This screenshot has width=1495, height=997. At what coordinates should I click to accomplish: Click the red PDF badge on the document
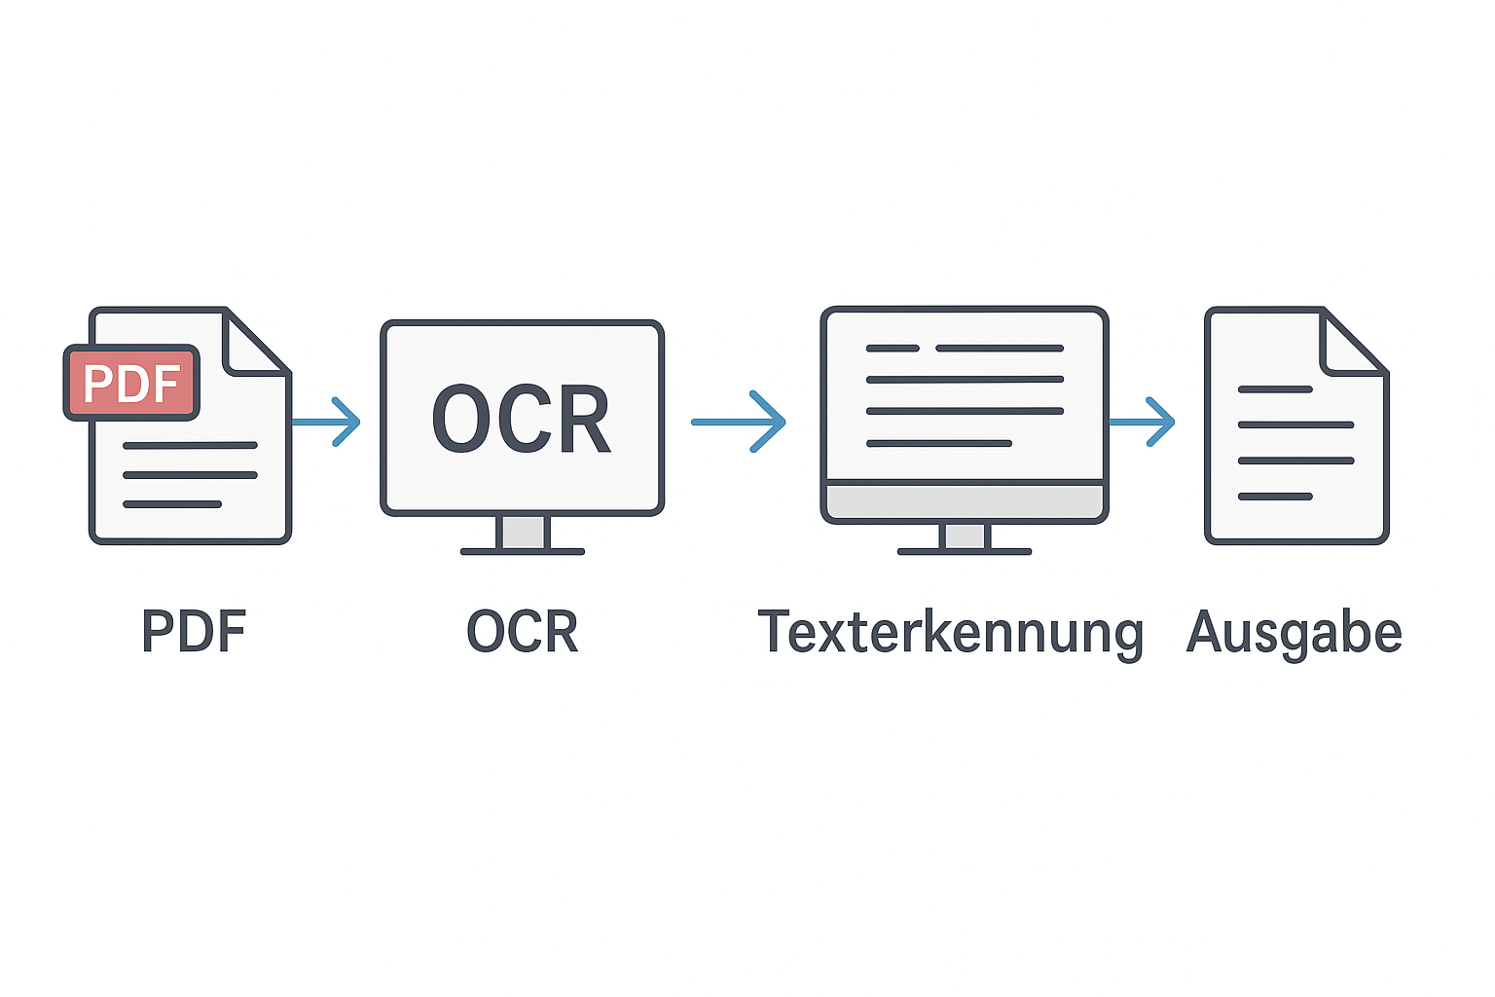pos(131,383)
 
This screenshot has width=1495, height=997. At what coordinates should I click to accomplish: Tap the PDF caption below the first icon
pos(194,632)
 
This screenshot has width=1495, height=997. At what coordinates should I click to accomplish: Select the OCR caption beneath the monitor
pos(523,632)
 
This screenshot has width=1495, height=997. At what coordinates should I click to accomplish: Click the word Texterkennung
pos(950,632)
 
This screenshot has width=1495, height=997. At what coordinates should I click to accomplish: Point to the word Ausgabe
pos(1294,632)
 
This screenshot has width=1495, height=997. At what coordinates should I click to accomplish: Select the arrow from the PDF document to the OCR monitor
pos(329,422)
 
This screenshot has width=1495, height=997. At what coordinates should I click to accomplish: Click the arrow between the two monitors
pos(740,422)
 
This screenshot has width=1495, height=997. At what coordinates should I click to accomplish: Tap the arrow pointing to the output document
pos(1144,422)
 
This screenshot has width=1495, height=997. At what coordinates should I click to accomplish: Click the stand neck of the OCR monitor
pos(523,532)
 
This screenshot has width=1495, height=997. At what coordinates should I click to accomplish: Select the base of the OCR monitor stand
pos(523,552)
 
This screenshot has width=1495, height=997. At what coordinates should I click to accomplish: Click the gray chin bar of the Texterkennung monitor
pos(964,501)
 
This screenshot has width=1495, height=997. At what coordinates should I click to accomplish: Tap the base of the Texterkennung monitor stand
pos(964,552)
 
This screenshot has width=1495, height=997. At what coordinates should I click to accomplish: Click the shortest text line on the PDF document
pos(172,504)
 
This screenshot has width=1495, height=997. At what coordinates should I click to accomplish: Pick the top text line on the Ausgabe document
pos(1275,389)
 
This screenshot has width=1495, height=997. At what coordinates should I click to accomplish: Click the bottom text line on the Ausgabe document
pos(1275,497)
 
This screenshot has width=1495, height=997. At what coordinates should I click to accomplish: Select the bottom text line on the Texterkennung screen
pos(939,444)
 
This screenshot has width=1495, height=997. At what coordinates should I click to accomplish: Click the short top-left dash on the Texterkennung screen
pos(893,348)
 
